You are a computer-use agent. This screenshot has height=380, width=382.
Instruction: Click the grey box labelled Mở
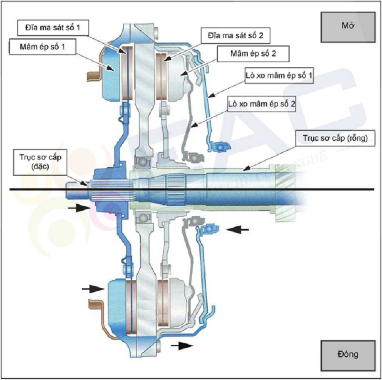347,26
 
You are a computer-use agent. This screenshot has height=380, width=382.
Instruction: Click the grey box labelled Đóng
347,355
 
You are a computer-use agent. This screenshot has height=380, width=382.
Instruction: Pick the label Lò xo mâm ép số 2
262,105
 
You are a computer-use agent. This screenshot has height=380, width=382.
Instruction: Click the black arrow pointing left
237,230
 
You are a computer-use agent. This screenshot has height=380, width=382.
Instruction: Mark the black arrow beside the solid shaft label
78,208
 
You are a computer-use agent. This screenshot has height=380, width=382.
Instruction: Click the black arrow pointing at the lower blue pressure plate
93,288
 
